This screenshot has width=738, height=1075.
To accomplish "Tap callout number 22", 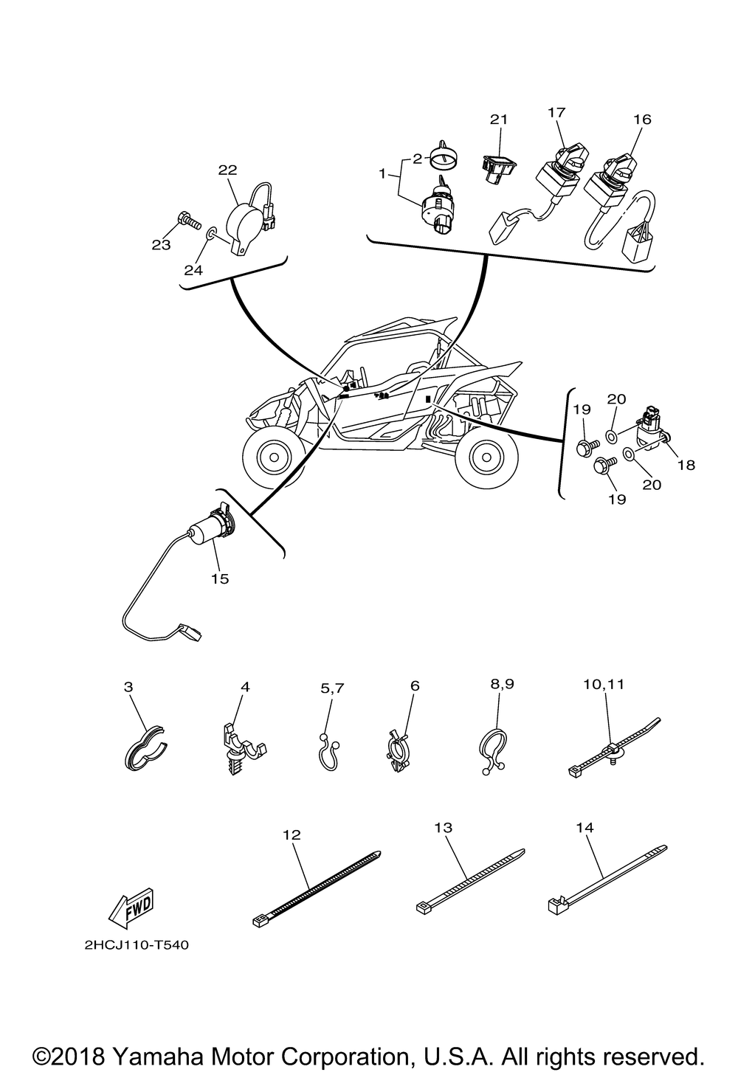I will coord(227,170).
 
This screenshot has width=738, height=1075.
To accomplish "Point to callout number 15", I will coord(220,578).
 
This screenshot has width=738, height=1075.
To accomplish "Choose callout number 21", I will coord(500,119).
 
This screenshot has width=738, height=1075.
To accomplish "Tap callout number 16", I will coord(641,119).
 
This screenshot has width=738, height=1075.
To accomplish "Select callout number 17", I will coord(556,111).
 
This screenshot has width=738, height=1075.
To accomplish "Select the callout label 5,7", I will coord(332,688).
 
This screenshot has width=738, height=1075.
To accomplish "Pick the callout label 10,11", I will coord(604,684).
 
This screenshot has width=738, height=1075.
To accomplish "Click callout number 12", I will coord(292,834).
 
